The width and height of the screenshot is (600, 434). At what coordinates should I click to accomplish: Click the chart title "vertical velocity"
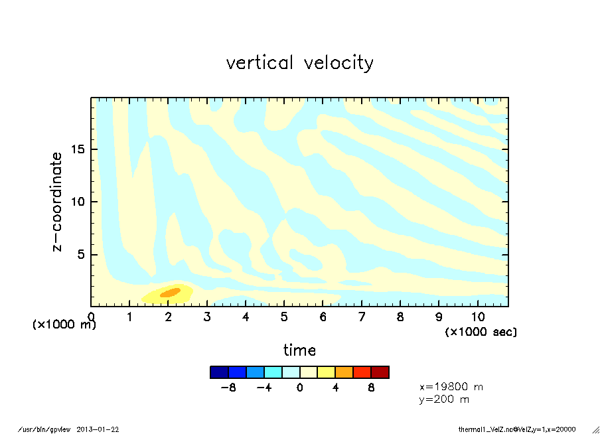point(300,63)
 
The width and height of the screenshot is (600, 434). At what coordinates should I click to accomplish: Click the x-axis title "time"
point(300,350)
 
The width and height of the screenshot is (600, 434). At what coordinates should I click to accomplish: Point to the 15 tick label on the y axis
point(78,149)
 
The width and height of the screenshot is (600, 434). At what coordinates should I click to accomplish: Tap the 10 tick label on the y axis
point(78,202)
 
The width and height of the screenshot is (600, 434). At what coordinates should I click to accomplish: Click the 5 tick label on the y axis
point(82,255)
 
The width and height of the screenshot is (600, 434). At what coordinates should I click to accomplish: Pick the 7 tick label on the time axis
point(361,317)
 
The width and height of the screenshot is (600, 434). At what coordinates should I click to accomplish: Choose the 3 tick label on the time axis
point(207,317)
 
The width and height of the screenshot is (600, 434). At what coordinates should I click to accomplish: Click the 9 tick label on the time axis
point(439,317)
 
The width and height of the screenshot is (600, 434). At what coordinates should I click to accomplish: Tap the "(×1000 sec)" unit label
point(481,331)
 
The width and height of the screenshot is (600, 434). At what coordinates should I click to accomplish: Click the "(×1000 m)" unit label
point(64,325)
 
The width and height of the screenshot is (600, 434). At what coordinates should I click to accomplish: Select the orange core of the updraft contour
point(170,292)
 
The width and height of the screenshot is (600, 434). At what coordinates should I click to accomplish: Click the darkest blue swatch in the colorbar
point(219,372)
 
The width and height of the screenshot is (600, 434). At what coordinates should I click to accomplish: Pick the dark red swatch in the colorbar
point(380,372)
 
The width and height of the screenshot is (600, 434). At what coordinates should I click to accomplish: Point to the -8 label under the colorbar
point(228,388)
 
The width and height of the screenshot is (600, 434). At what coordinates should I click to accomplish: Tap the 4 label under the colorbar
point(335,388)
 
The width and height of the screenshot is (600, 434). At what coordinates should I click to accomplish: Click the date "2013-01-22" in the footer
point(98,429)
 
